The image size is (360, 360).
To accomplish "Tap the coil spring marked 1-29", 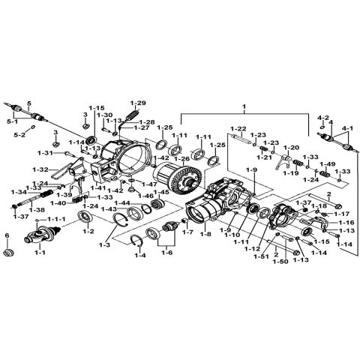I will [x=133, y=114].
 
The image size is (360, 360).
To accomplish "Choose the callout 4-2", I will [x=323, y=118].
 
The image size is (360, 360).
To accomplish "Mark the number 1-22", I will [x=238, y=128].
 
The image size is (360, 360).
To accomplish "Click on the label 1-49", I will [x=328, y=164].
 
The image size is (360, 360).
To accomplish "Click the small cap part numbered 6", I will [x=8, y=256].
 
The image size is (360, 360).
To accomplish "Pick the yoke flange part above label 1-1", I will [x=37, y=239].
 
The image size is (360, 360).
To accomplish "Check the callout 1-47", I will [x=149, y=183].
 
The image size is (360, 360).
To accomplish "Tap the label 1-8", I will [x=205, y=234].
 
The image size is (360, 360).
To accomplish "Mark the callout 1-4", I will [x=139, y=255].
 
